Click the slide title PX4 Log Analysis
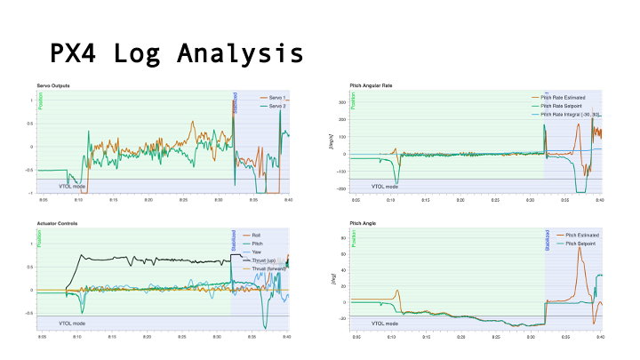(176, 53)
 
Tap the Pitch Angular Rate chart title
(373, 84)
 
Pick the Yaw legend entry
(257, 251)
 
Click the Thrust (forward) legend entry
(268, 267)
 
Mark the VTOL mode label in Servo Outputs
(71, 187)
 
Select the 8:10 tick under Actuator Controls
(77, 337)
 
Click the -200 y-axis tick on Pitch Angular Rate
(341, 189)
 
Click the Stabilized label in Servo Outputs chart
(235, 102)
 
